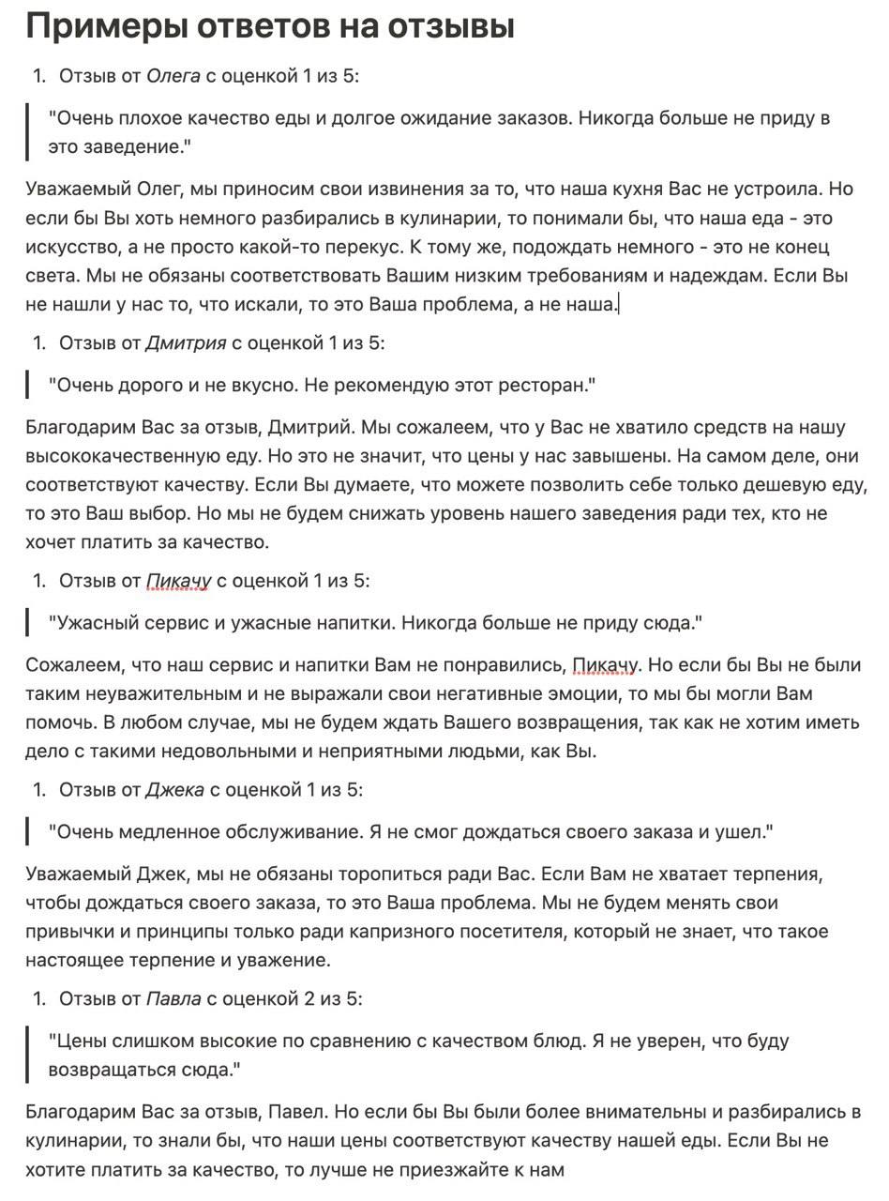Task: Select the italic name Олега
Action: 173,76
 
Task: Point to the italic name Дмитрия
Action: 186,343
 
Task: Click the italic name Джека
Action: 174,790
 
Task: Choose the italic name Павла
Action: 173,998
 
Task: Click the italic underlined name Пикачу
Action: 178,582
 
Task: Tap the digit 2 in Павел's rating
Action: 309,998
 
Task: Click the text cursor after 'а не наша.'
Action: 619,304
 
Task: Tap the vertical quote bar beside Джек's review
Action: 28,832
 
